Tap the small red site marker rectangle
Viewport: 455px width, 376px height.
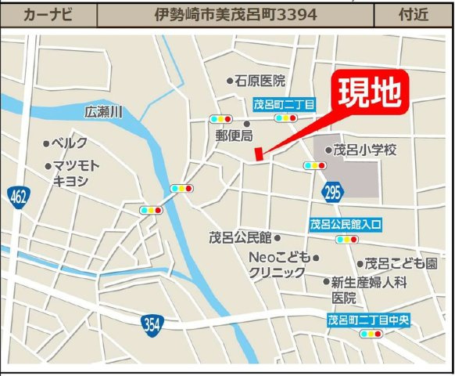[260, 155]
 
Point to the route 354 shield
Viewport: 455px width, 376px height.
[153, 322]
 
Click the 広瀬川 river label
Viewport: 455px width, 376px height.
[105, 113]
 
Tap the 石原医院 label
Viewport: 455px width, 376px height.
[260, 81]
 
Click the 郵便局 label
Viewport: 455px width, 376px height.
[235, 136]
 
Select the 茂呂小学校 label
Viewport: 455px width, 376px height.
[365, 149]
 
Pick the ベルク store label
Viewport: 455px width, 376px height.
[69, 143]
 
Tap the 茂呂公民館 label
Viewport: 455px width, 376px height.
[240, 237]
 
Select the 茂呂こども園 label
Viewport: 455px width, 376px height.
[400, 264]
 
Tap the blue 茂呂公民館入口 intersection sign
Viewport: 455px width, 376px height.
[346, 224]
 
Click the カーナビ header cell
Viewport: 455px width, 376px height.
[49, 14]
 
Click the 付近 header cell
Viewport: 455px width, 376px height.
[414, 14]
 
